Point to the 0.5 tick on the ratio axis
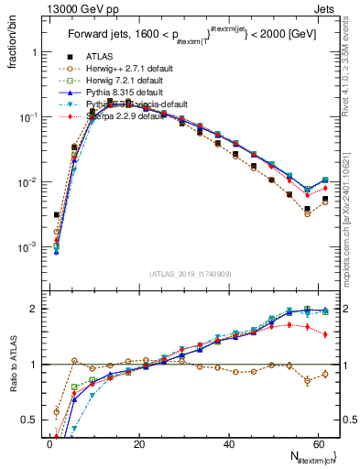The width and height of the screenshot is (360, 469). pos(27,421)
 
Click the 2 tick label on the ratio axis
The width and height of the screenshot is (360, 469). pos(32,309)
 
